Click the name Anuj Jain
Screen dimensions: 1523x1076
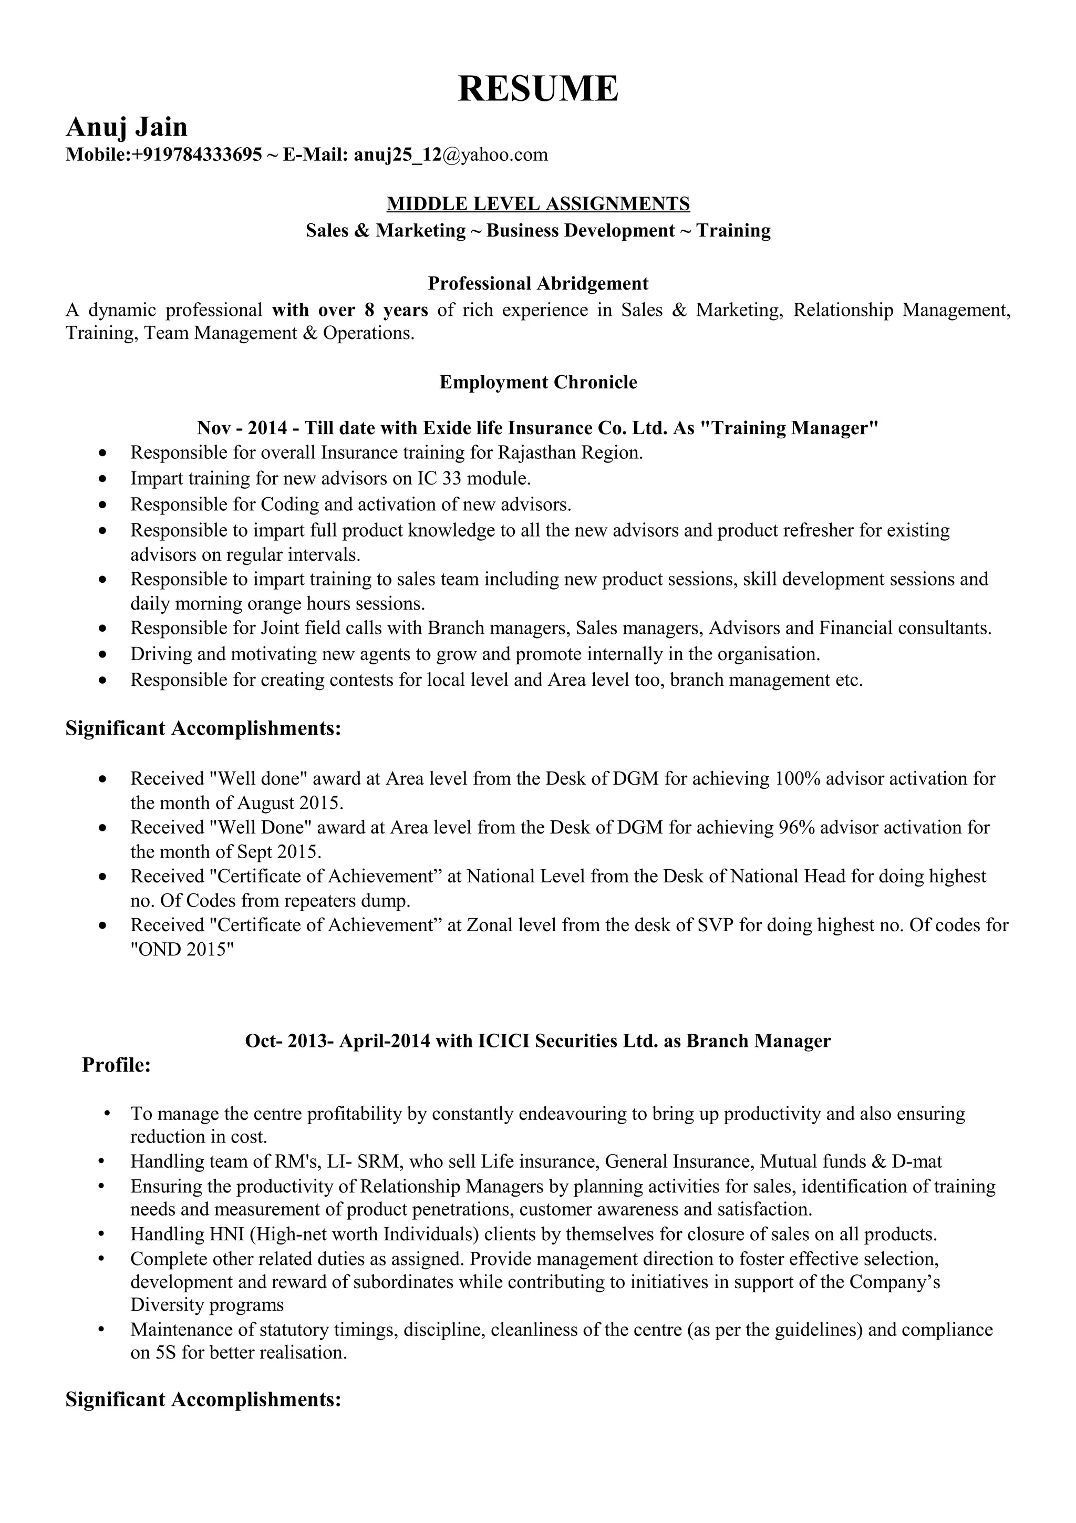[x=127, y=126]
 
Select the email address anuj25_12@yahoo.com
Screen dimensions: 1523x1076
[x=451, y=155]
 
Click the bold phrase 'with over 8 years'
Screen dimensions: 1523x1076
[x=350, y=310]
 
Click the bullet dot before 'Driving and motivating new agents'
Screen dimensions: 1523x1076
[x=101, y=655]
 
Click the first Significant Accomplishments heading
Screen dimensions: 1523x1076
[x=203, y=728]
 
